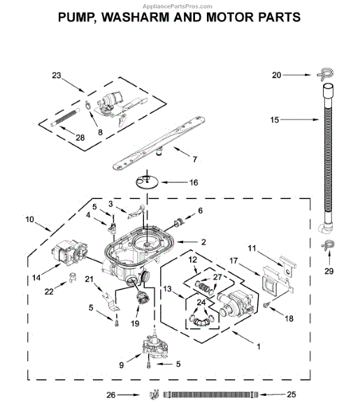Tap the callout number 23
(x=57, y=75)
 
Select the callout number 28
(x=80, y=138)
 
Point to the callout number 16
(x=194, y=182)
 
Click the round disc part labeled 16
(x=147, y=182)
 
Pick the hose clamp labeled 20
(x=326, y=74)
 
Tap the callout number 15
(x=275, y=120)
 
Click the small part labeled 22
(x=72, y=277)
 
